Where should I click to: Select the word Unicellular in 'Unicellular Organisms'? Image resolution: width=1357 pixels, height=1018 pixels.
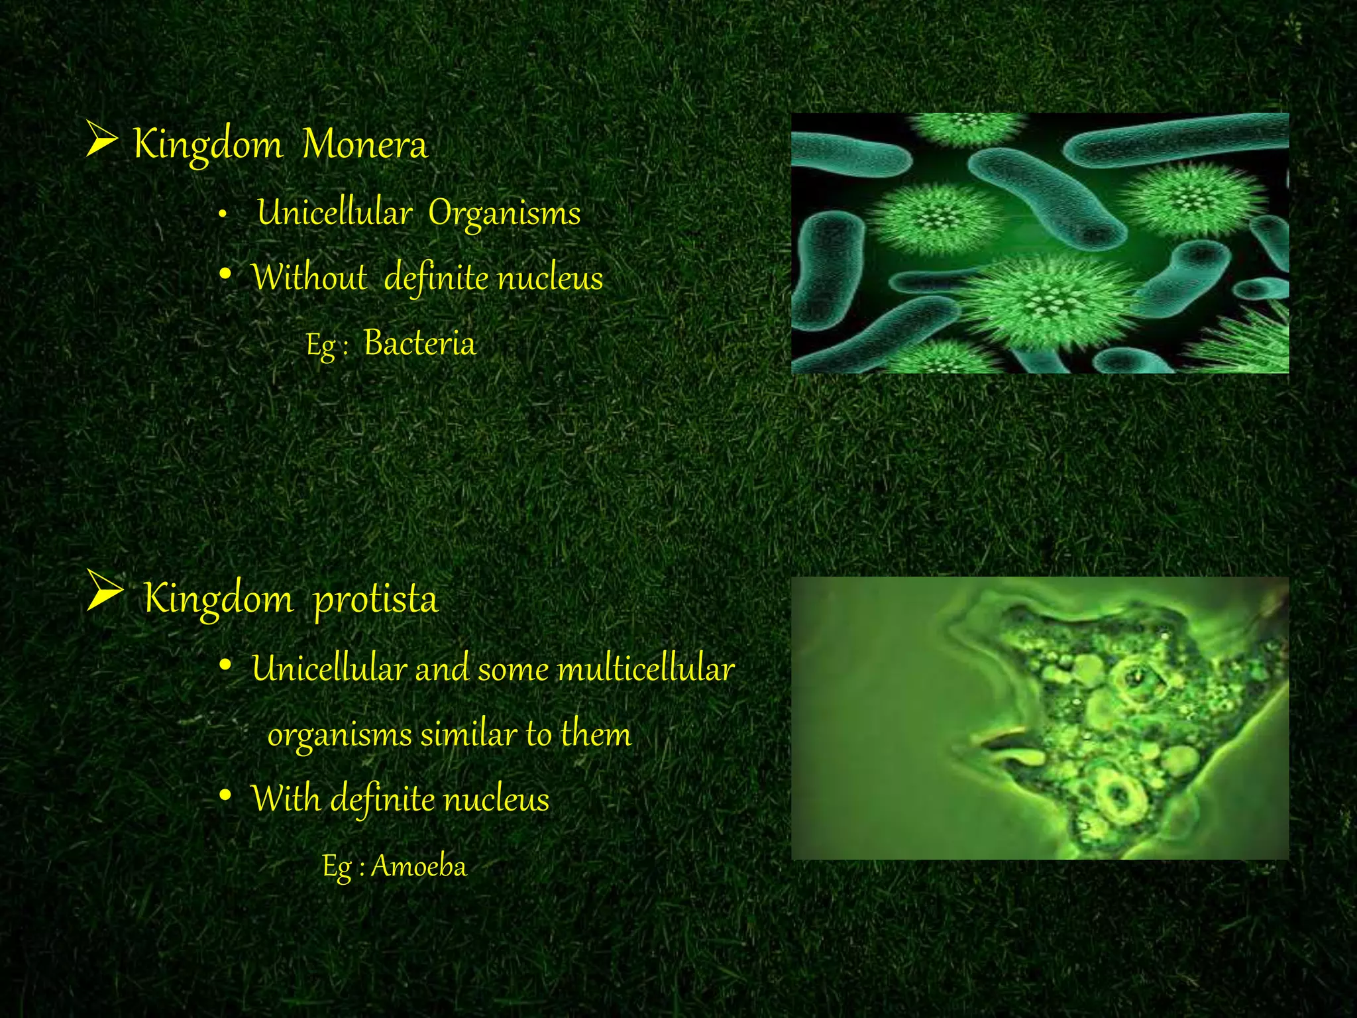pos(335,213)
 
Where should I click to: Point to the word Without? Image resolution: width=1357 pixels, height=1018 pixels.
pos(309,277)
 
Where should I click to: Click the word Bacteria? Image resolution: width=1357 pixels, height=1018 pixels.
pos(419,343)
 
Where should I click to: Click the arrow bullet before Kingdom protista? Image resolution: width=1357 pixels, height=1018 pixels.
pos(104,590)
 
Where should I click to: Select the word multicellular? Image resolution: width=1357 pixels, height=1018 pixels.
pos(646,669)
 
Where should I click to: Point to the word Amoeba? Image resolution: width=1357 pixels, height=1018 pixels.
pos(419,866)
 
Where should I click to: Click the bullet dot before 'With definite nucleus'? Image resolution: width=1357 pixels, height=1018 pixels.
pos(225,795)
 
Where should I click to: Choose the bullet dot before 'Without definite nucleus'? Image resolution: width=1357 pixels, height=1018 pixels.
pos(225,274)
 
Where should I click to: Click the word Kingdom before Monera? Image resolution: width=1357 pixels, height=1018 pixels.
pos(207,144)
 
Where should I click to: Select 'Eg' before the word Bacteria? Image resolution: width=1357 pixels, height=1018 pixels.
pos(320,345)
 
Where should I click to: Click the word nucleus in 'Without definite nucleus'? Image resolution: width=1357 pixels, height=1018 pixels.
pos(550,277)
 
